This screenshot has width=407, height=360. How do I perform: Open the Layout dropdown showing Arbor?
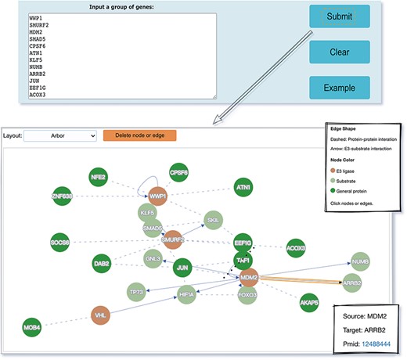tap(60, 135)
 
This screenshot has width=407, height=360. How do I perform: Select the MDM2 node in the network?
tap(250, 277)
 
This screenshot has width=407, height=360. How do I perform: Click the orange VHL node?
tap(99, 314)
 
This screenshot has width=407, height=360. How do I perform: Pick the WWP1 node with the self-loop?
tap(158, 195)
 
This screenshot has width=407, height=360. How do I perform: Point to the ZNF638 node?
tap(62, 196)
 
